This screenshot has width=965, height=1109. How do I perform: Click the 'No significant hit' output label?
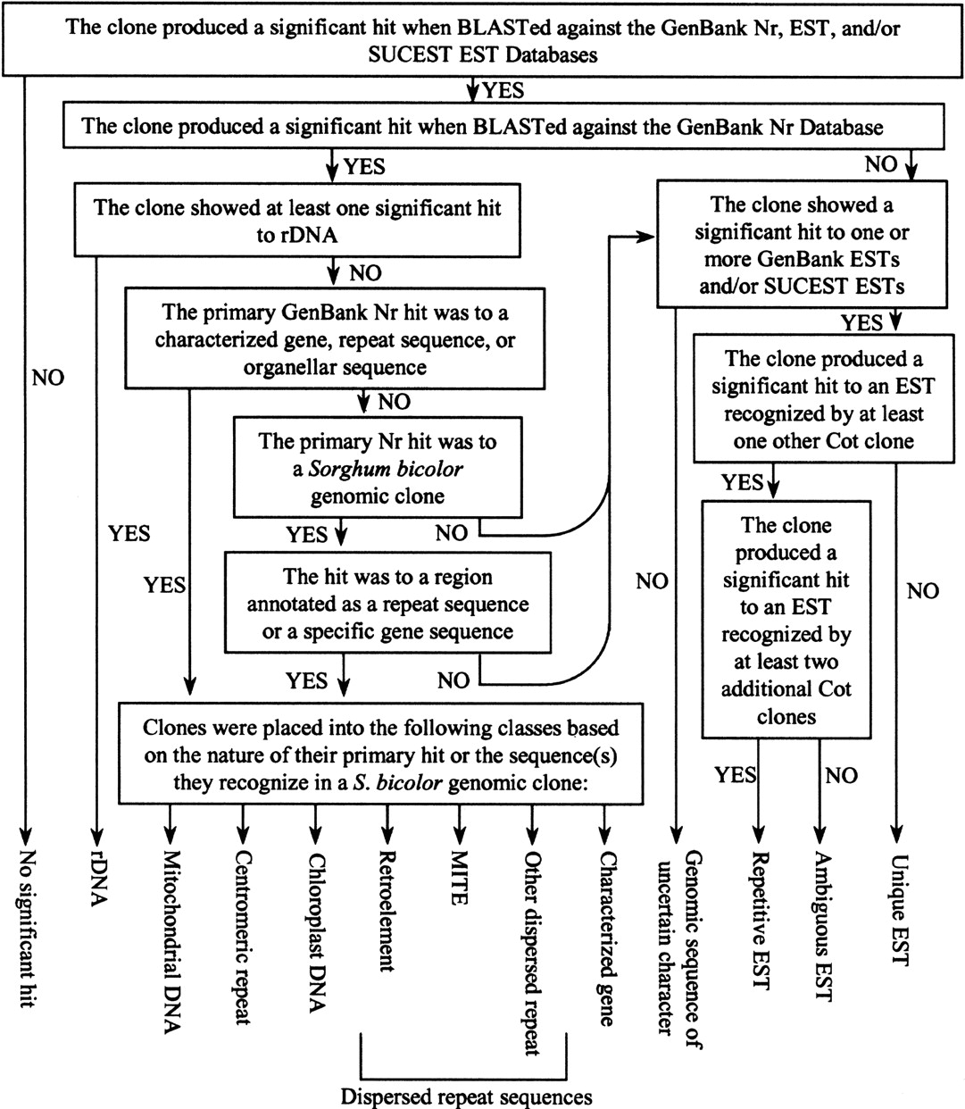click(x=27, y=928)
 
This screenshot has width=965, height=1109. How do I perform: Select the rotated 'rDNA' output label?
click(x=98, y=878)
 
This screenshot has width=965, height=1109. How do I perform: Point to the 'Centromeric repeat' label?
click(x=244, y=938)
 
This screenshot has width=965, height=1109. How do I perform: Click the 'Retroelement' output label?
click(x=386, y=911)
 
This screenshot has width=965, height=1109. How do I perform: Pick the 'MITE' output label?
click(x=459, y=878)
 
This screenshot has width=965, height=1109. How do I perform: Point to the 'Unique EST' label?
click(x=899, y=910)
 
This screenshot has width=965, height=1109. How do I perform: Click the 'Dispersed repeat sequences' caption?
click(x=466, y=1096)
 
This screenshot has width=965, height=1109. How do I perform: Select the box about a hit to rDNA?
click(x=297, y=220)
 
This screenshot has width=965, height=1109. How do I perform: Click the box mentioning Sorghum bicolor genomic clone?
click(x=378, y=467)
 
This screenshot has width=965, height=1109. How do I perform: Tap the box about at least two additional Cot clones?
click(x=786, y=620)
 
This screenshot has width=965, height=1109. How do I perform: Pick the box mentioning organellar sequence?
click(x=335, y=338)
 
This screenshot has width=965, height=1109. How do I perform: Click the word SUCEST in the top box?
click(x=410, y=55)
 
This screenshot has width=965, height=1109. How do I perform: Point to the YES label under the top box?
click(x=503, y=90)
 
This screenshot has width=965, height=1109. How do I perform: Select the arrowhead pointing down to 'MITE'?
click(x=460, y=835)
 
